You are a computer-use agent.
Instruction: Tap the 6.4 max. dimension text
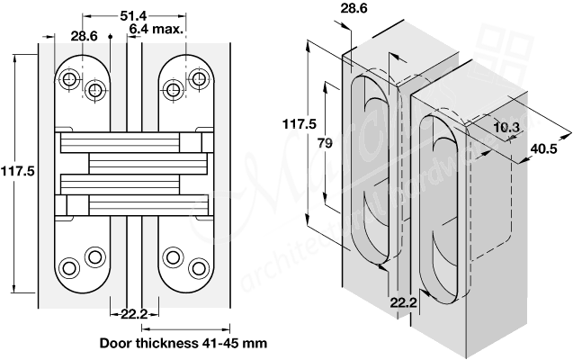click(156, 29)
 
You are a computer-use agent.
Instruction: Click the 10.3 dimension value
click(507, 128)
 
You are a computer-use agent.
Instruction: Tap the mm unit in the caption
click(255, 343)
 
